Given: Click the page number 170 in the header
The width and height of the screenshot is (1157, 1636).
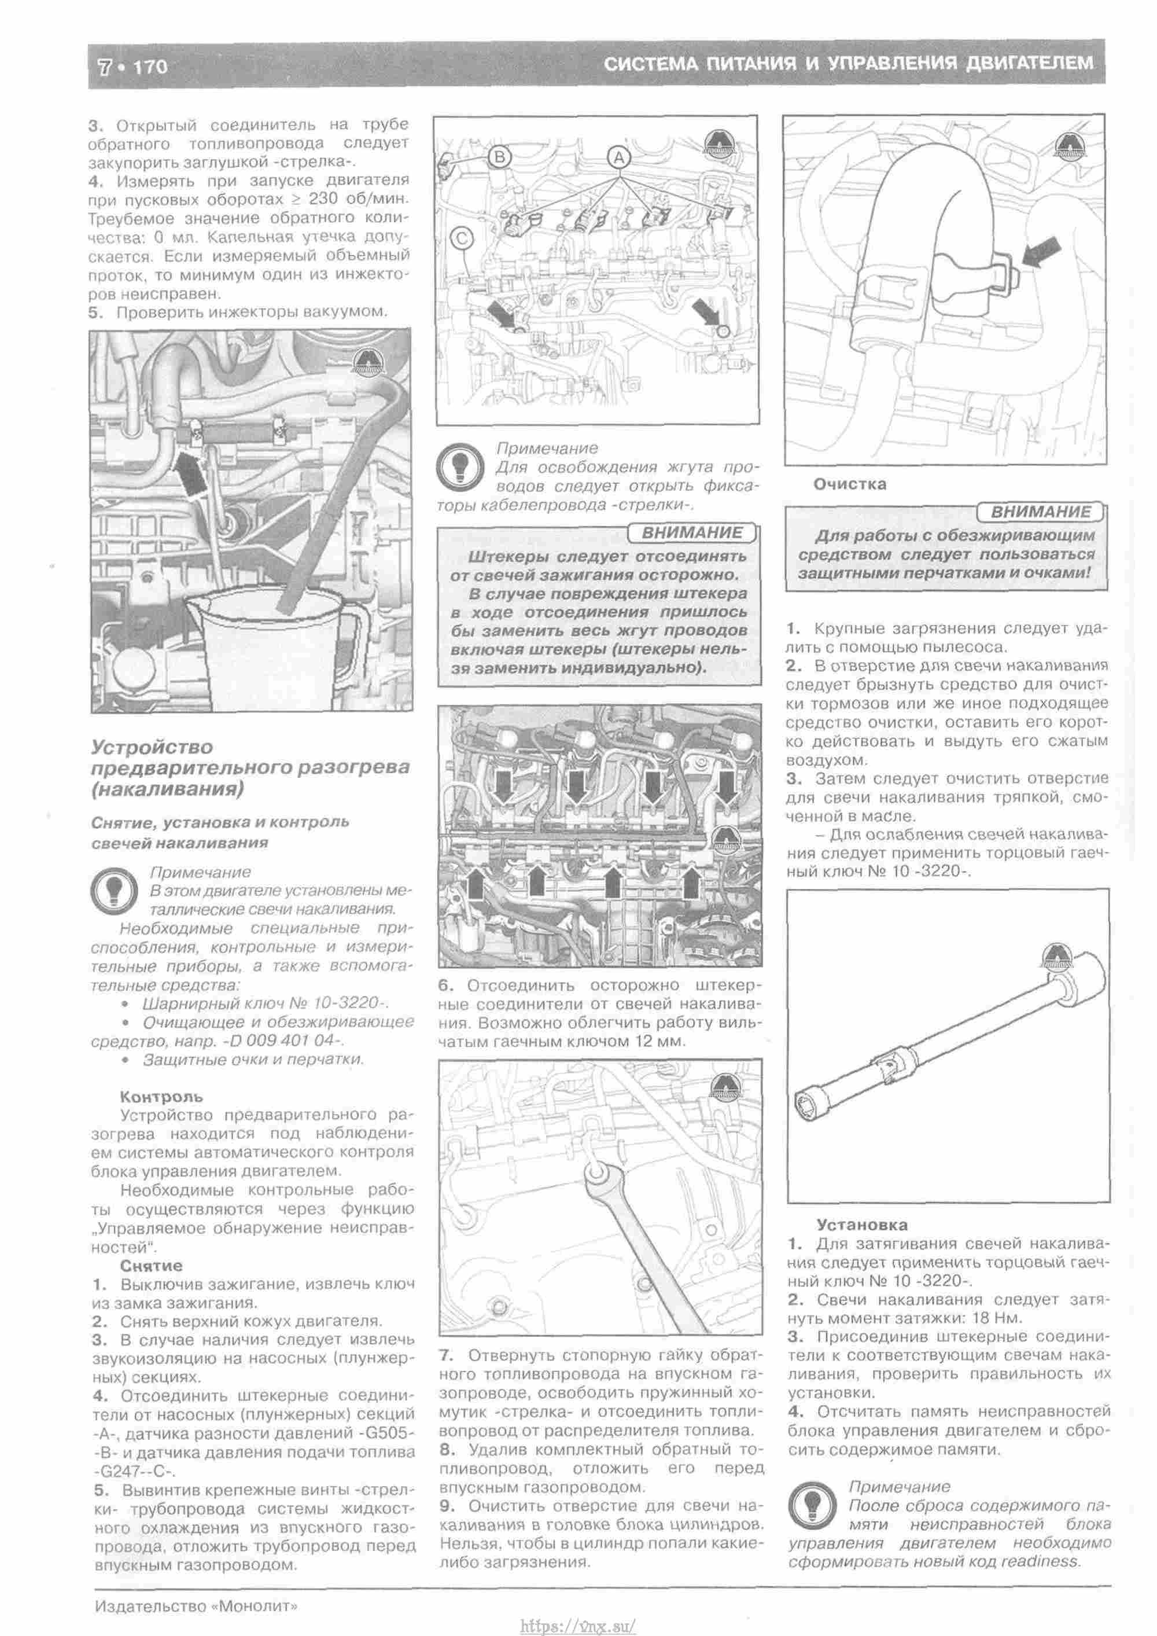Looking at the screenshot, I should [150, 67].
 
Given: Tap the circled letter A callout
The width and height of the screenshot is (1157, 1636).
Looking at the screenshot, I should [618, 157].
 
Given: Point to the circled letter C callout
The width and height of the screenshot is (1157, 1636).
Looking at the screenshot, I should [462, 238].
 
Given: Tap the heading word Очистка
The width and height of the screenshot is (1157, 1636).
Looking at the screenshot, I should [850, 484].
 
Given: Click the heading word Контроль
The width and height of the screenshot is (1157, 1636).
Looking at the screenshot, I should [161, 1097].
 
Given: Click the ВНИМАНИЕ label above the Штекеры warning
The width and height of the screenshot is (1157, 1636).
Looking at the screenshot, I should [692, 533].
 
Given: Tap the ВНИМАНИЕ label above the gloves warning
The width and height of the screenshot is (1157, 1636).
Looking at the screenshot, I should [1041, 512].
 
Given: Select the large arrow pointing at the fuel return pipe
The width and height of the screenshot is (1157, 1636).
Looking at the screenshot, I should [188, 472].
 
